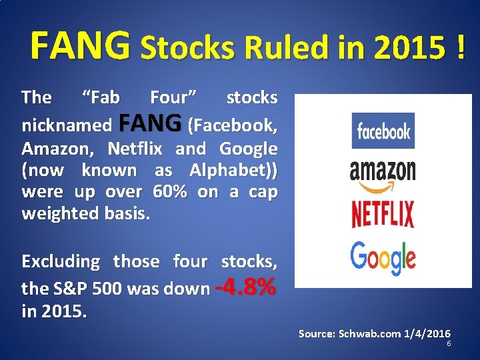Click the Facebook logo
[383, 131]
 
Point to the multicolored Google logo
[383, 259]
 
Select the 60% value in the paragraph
[170, 192]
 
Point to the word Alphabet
[231, 170]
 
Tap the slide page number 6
[449, 343]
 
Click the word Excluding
[61, 261]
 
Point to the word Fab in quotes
[101, 97]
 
